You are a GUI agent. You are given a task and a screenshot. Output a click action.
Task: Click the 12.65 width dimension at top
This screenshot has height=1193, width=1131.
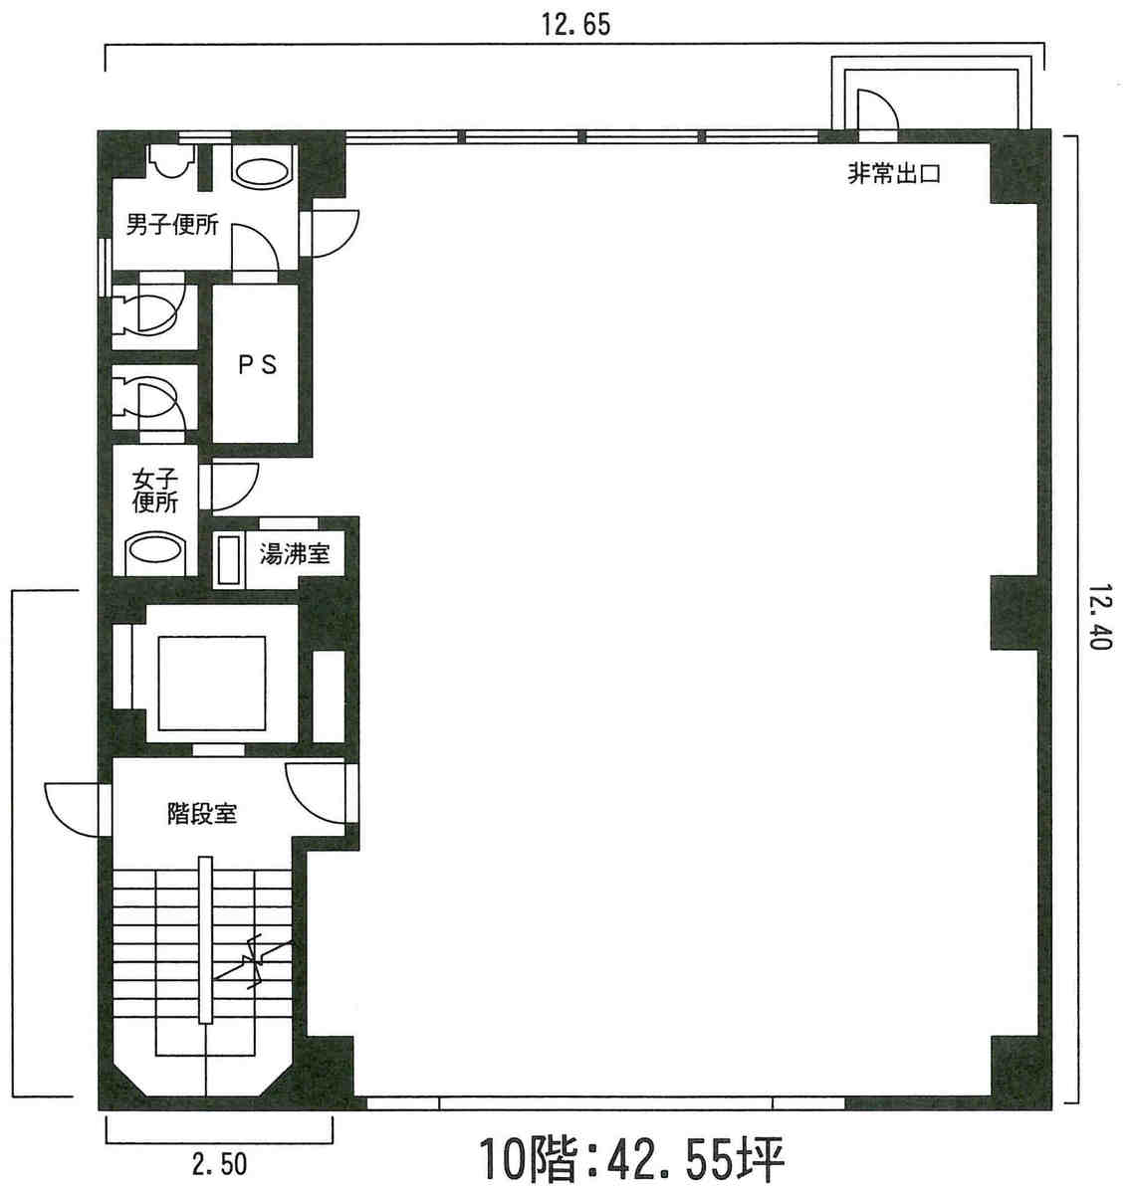point(575,24)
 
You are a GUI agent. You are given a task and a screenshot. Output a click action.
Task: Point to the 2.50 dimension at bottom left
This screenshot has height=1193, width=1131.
point(219,1162)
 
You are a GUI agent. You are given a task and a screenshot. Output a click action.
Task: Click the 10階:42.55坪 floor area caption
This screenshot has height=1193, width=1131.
point(632,1159)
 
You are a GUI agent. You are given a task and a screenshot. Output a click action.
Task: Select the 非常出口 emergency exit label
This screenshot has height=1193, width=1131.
point(893,174)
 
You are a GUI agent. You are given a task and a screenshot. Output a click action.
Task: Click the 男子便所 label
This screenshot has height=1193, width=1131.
point(171,224)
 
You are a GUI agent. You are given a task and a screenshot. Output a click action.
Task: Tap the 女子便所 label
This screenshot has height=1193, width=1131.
point(154,491)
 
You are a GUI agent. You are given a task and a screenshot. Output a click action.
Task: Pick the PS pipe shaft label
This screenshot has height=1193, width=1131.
point(256,365)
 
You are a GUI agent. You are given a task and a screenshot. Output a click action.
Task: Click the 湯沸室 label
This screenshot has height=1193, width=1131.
point(294,553)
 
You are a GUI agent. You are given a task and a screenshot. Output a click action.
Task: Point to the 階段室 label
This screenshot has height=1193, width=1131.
point(201,814)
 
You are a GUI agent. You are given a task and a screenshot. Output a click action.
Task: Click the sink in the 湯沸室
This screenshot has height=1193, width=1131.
point(229,560)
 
